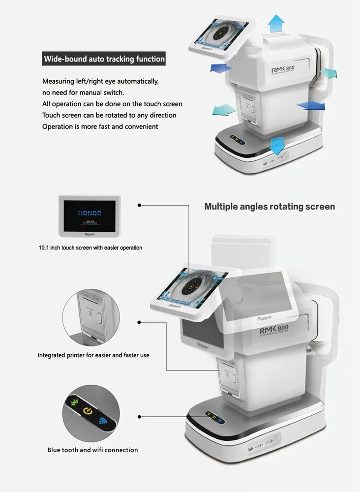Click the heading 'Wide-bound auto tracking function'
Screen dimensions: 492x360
tap(104, 59)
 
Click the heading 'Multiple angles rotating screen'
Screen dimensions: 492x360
tap(270, 207)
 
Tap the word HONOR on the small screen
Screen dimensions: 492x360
tap(89, 214)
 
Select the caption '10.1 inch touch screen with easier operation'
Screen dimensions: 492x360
tap(90, 247)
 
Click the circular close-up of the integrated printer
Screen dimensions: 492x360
tap(91, 317)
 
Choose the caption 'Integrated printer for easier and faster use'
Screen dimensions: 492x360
tap(93, 355)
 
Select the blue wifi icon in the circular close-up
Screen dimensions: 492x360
tap(103, 421)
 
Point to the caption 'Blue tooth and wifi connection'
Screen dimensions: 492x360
tap(92, 450)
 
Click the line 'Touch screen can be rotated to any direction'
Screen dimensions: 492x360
tap(109, 115)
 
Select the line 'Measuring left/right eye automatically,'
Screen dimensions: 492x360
tap(100, 81)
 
